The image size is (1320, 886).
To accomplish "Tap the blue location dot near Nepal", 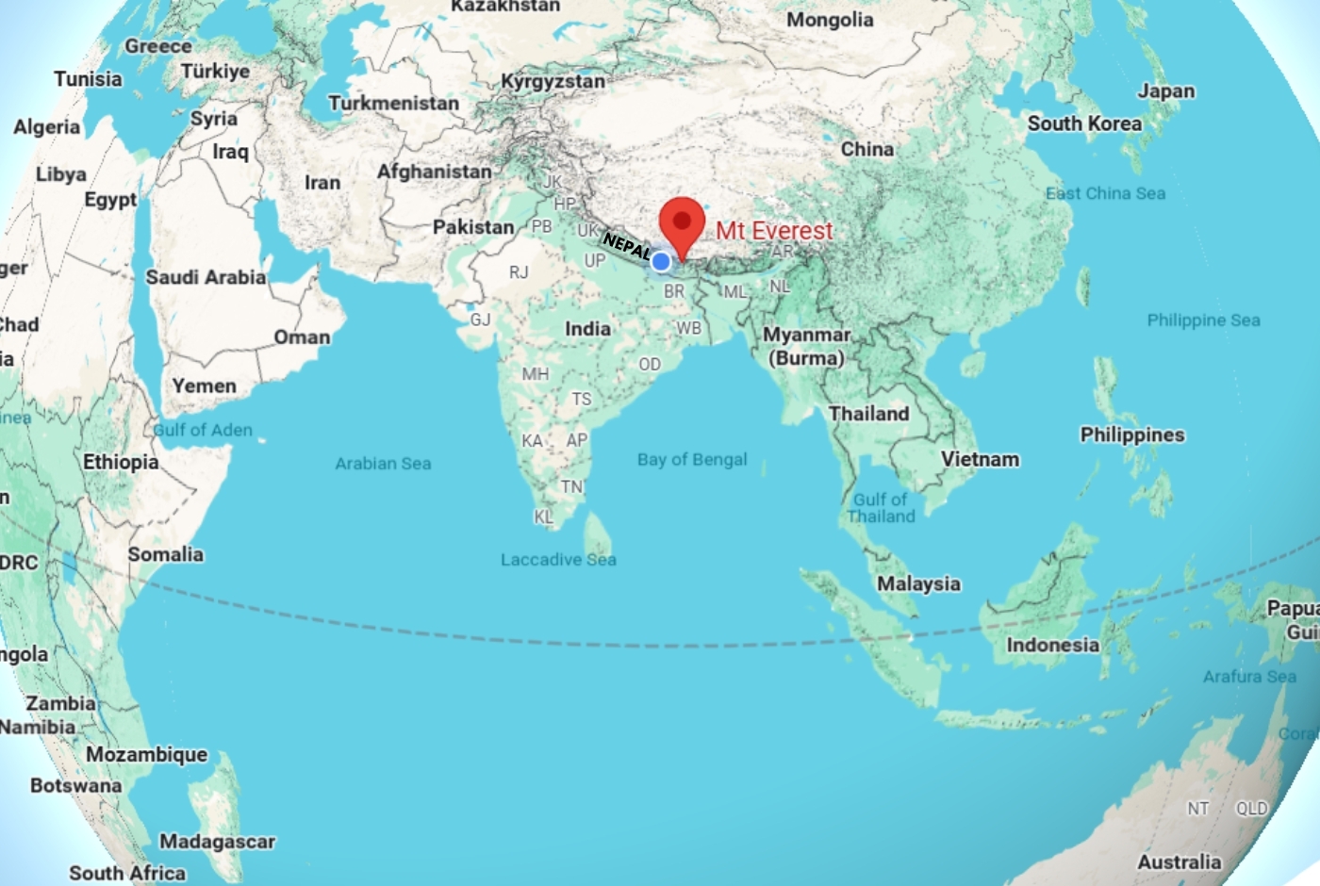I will [x=662, y=261].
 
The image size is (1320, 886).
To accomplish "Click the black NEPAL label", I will [x=627, y=247].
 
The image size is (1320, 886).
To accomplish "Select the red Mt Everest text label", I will [x=774, y=231].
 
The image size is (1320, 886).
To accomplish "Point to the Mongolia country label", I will [x=830, y=20].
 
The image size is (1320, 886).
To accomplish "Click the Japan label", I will [x=1165, y=91].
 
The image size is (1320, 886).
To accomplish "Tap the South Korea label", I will [x=1084, y=123].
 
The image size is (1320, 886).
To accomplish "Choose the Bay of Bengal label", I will [x=692, y=460].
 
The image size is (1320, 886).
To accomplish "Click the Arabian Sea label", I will [x=383, y=464].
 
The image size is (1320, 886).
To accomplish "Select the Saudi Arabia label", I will [x=206, y=277].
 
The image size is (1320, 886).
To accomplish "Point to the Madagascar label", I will [x=217, y=842].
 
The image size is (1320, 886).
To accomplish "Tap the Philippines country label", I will [x=1132, y=435].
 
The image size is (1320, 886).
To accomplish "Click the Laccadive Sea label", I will [x=558, y=560].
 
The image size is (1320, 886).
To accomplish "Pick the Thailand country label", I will [x=868, y=414].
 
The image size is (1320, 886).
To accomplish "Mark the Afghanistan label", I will [x=435, y=172].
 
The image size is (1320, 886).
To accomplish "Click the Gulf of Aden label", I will [x=203, y=431].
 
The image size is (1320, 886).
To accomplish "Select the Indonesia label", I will [x=1052, y=646].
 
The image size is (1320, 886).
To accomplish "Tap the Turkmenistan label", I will [x=393, y=103].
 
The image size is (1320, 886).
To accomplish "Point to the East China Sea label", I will [x=1105, y=193].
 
